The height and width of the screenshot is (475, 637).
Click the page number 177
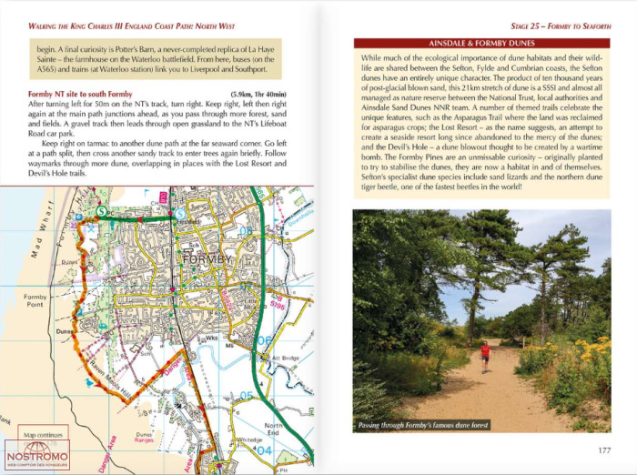tap(603, 450)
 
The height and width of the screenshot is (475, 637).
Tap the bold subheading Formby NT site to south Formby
tap(81, 95)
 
